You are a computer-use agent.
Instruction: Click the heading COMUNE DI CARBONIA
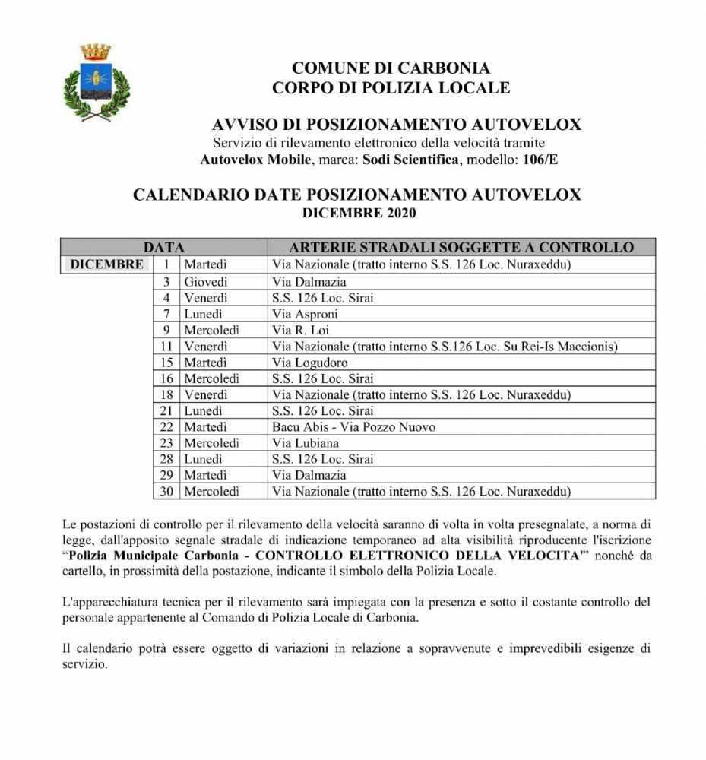pos(391,68)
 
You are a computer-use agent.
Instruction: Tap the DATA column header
pos(164,248)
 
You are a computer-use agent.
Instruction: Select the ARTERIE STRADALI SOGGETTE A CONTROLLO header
pos(461,248)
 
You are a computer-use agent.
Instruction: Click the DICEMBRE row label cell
pos(107,264)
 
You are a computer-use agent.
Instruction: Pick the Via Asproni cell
pos(305,314)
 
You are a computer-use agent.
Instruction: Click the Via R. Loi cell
pos(299,330)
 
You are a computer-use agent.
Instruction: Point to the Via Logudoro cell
pos(309,363)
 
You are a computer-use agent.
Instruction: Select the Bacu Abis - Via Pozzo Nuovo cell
pos(353,427)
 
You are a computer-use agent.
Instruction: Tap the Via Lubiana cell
pos(306,443)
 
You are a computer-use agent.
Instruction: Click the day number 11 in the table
pos(168,347)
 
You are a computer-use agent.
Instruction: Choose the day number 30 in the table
pos(166,492)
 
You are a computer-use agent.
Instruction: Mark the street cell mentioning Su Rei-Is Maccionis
pos(445,347)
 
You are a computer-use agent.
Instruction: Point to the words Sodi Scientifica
pos(410,160)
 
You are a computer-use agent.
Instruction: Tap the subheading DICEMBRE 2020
pos(359,214)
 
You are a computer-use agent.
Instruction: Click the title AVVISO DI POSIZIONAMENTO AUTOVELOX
pos(397,125)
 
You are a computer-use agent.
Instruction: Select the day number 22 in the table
pos(167,427)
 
